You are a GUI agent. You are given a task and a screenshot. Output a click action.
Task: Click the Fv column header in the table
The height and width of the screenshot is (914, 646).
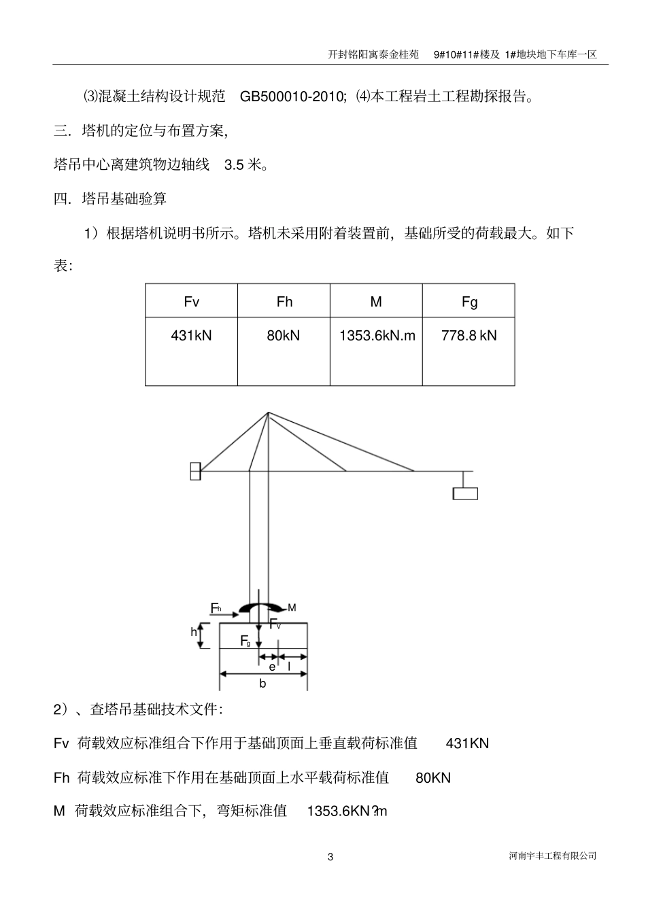(192, 302)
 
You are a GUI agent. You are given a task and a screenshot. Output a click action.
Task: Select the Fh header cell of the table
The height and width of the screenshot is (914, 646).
(284, 302)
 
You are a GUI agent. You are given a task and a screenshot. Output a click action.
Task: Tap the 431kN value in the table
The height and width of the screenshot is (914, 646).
(191, 336)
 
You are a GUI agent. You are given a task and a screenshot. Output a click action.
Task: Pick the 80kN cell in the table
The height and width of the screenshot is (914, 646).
(284, 336)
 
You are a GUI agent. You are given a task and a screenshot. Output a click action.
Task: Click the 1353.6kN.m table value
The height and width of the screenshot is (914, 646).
(377, 336)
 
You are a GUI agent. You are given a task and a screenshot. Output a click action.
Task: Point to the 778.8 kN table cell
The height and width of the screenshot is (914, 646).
(469, 336)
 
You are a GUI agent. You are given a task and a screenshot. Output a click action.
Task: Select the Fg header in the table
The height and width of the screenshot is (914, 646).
(469, 302)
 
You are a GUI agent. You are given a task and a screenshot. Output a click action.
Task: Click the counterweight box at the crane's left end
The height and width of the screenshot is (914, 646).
(195, 471)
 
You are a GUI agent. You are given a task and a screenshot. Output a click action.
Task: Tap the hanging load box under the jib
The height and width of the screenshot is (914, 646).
(465, 493)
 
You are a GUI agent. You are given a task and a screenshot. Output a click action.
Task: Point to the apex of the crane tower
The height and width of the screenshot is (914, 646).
(268, 412)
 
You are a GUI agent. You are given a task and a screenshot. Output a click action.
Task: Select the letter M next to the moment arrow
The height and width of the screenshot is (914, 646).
(292, 608)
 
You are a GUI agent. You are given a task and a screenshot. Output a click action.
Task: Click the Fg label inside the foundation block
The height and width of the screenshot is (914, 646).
(245, 641)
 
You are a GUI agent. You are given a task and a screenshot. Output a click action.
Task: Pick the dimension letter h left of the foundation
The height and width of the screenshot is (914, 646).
(194, 633)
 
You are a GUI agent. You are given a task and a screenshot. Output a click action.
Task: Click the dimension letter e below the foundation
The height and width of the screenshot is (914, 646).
(272, 667)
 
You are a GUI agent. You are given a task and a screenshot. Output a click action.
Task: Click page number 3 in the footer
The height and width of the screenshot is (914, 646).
(330, 857)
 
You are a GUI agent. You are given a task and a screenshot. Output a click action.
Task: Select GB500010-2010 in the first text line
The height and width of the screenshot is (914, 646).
(293, 96)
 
